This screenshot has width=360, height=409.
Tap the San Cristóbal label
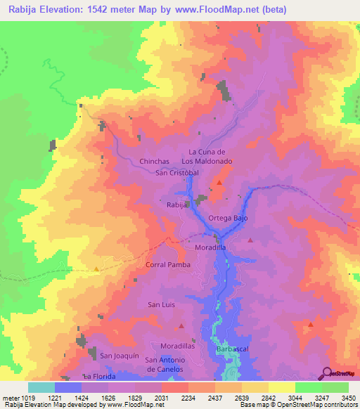178,172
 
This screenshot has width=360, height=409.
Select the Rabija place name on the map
176,204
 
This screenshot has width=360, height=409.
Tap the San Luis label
161,304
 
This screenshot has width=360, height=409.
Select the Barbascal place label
233,349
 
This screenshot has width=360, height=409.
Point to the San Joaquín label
116,356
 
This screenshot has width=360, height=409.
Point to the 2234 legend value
188,398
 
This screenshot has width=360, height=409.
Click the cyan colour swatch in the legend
41,387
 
